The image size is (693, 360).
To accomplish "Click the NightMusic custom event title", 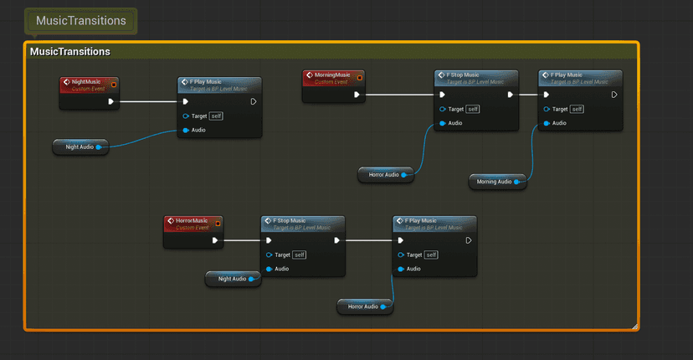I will click(86, 82).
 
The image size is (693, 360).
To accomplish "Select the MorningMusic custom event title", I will click(332, 75).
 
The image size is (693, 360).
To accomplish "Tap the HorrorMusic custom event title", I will click(192, 221).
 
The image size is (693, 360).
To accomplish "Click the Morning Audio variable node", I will click(494, 182).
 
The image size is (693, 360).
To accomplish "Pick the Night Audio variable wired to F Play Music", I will click(80, 147).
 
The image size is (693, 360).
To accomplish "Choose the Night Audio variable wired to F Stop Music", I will click(232, 279).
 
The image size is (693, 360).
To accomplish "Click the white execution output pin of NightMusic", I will click(111, 102).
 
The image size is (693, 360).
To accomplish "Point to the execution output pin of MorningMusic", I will click(357, 95).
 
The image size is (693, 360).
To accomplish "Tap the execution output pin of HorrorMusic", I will click(216, 240).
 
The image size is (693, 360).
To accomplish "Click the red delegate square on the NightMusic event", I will click(114, 83).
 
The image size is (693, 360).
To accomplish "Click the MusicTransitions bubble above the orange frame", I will click(81, 21).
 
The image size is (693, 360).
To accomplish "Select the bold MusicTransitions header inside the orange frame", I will click(70, 52).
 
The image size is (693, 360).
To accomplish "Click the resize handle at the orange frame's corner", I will click(634, 326).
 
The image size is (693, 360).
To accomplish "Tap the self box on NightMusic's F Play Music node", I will click(216, 116).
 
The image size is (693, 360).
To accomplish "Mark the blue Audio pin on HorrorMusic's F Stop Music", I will click(269, 269).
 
